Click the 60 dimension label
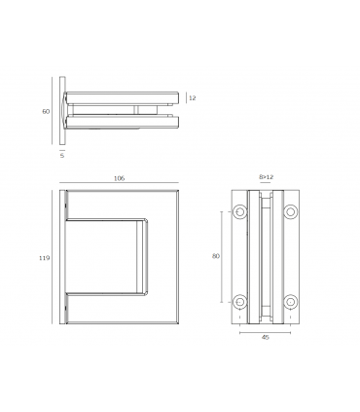45,112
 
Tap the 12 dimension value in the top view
192,98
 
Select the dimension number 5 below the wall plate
60,154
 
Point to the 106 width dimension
119,178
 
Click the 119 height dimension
44,259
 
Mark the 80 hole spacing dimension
216,257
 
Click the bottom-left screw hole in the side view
238,301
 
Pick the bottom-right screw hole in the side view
289,301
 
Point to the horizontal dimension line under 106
119,184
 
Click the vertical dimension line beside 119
53,259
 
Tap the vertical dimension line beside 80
225,257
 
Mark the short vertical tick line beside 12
185,98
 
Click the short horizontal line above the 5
61,147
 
